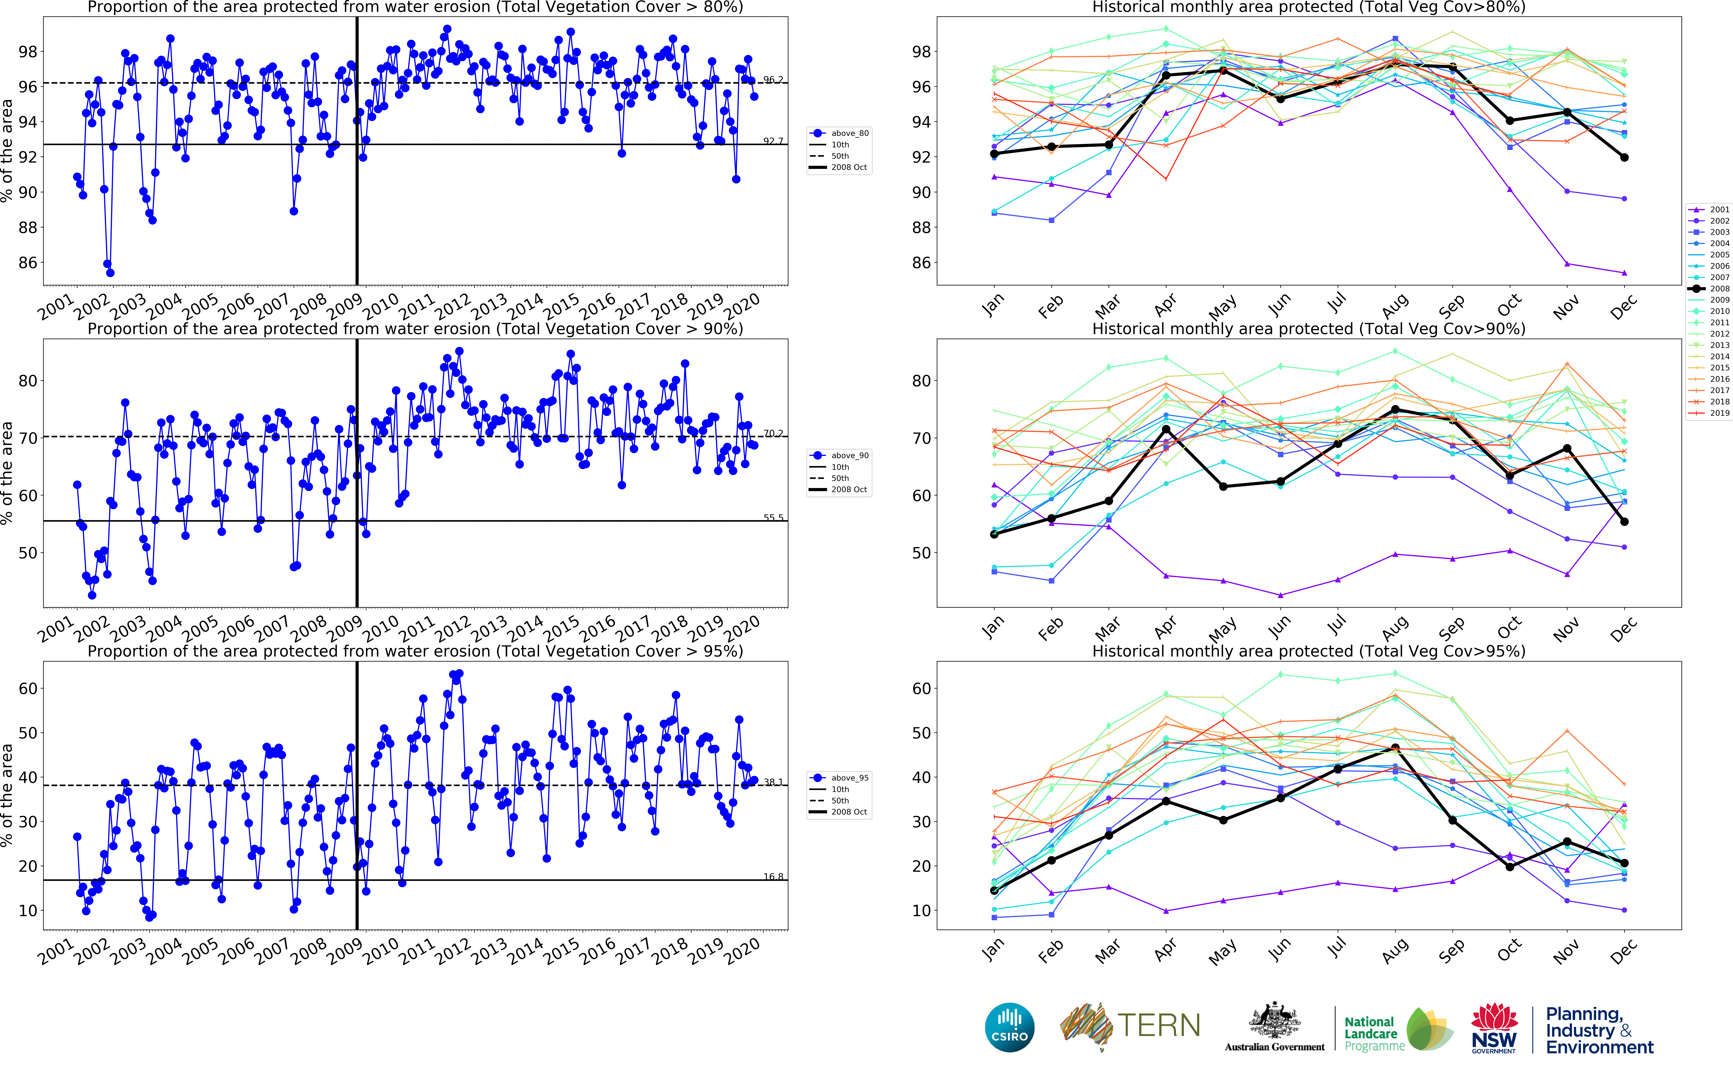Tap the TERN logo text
(x=1159, y=1025)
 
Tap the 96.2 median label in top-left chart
(x=773, y=80)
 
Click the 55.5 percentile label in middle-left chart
(x=773, y=517)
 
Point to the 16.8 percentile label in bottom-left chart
(x=773, y=876)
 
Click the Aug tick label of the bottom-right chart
(x=1395, y=951)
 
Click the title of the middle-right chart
(x=1308, y=329)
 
